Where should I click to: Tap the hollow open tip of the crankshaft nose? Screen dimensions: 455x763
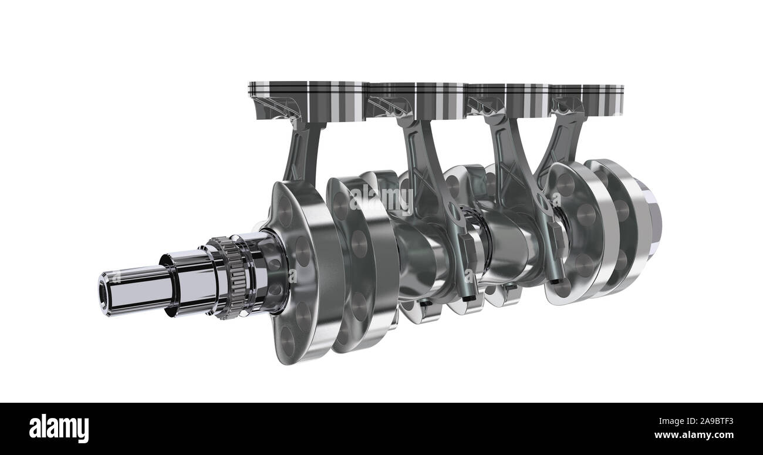click(x=105, y=292)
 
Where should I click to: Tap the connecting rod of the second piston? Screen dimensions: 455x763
click(x=431, y=176)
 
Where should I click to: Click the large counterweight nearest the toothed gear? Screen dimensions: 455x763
click(x=299, y=270)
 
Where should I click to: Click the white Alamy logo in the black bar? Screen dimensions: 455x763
click(x=59, y=428)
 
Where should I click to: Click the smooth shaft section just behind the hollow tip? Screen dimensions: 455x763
click(x=141, y=288)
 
